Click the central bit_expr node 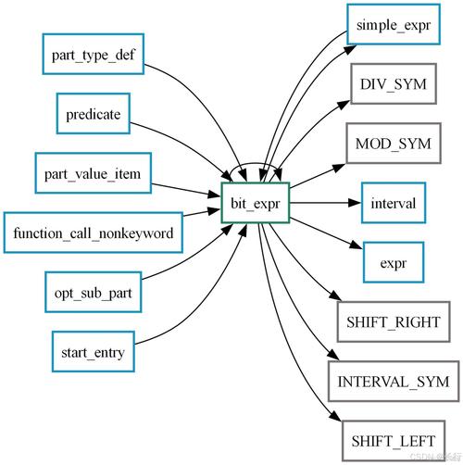(x=257, y=202)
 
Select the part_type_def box (x=94, y=55)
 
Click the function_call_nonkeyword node (x=93, y=232)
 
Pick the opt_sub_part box (x=93, y=292)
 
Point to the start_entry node (x=93, y=351)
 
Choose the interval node (x=393, y=202)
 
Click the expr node (x=393, y=261)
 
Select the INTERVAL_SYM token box (x=393, y=380)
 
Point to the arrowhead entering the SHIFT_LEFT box (x=335, y=423)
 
